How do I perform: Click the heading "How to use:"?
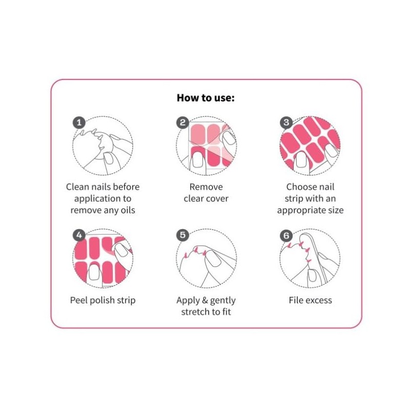click(x=206, y=97)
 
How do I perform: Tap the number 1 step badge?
click(x=78, y=122)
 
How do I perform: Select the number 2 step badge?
click(x=182, y=122)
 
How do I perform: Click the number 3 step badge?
click(x=286, y=122)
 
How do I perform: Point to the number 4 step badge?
click(x=78, y=235)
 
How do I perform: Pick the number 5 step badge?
click(x=182, y=235)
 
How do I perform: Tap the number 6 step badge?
click(x=286, y=235)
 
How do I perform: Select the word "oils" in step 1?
click(x=126, y=210)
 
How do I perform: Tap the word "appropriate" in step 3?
click(x=300, y=210)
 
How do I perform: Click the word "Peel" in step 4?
click(x=79, y=300)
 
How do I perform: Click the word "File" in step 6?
click(x=297, y=300)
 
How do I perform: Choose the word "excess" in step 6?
click(x=319, y=300)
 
